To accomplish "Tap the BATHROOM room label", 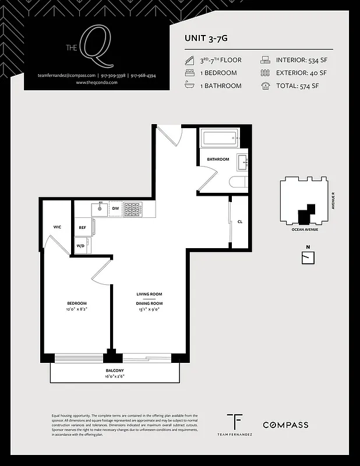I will pyautogui.click(x=218, y=159).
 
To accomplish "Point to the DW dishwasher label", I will pyautogui.click(x=115, y=208).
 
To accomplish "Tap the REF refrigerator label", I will pyautogui.click(x=82, y=228).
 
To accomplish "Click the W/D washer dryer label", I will pyautogui.click(x=80, y=246).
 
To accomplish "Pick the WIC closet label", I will pyautogui.click(x=57, y=227).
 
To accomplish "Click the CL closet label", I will pyautogui.click(x=239, y=221).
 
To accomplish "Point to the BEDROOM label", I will pyautogui.click(x=76, y=303).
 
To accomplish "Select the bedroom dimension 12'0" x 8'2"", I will pyautogui.click(x=76, y=310).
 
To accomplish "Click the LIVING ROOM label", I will pyautogui.click(x=149, y=295).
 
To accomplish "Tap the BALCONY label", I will pyautogui.click(x=115, y=370).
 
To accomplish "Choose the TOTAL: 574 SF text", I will pyautogui.click(x=297, y=86).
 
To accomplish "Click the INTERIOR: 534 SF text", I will pyautogui.click(x=301, y=59).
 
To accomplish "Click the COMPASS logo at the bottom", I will pyautogui.click(x=285, y=425).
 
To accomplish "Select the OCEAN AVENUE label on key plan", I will pyautogui.click(x=305, y=230).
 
